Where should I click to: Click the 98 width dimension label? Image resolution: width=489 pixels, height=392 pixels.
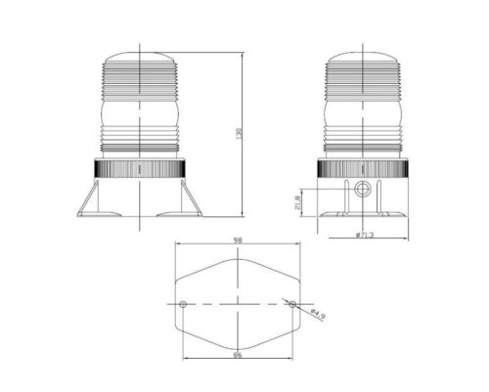[238, 240]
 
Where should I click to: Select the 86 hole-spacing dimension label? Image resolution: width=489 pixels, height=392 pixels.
[238, 355]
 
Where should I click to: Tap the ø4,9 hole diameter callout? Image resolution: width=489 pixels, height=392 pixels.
[318, 314]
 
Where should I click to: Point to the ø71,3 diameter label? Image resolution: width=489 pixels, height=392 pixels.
[365, 235]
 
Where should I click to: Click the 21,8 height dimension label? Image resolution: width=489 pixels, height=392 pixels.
[297, 202]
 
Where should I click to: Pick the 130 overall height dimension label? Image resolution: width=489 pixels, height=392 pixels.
[239, 134]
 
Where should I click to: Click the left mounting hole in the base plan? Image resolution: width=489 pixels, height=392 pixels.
[183, 304]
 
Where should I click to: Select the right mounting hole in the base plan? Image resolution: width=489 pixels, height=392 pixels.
[292, 304]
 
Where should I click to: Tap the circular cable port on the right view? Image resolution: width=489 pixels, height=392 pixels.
[362, 189]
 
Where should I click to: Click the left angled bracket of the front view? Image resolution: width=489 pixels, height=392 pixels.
[88, 198]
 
